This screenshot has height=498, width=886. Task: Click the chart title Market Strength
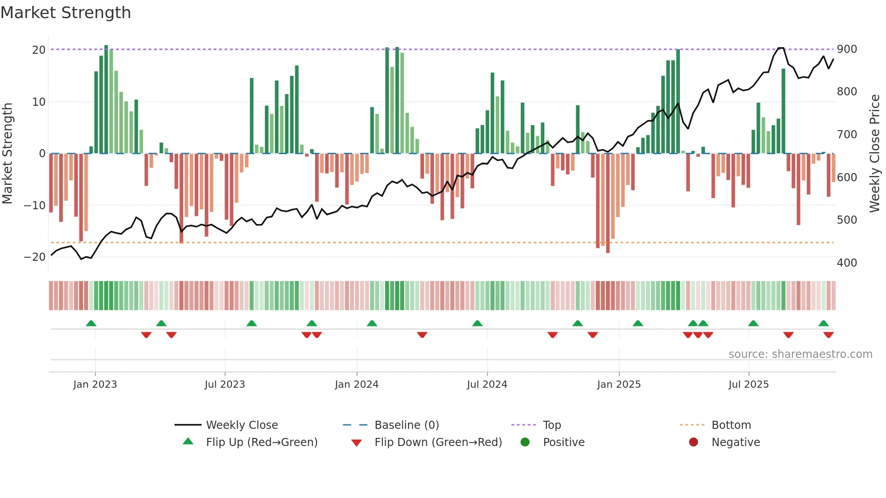pyautogui.click(x=66, y=13)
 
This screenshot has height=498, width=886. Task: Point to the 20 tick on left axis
pyautogui.click(x=39, y=50)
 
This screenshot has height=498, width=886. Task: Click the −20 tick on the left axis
pyautogui.click(x=35, y=257)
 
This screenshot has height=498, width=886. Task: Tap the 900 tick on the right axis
pyautogui.click(x=847, y=49)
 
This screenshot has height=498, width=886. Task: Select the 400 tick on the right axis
pyautogui.click(x=847, y=263)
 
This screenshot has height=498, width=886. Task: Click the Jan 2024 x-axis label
pyautogui.click(x=356, y=385)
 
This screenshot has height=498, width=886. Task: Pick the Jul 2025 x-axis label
pyautogui.click(x=748, y=385)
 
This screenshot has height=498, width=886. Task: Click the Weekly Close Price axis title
pyautogui.click(x=875, y=154)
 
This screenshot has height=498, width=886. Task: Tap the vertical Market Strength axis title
pyautogui.click(x=8, y=154)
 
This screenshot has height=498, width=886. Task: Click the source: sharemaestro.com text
pyautogui.click(x=800, y=354)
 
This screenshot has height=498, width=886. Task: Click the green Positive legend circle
pyautogui.click(x=525, y=442)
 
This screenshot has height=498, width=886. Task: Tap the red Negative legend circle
pyautogui.click(x=693, y=442)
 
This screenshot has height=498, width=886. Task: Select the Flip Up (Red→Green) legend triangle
pyautogui.click(x=188, y=442)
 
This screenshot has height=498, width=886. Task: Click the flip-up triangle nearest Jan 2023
pyautogui.click(x=91, y=323)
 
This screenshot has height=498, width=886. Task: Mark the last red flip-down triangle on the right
pyautogui.click(x=828, y=335)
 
